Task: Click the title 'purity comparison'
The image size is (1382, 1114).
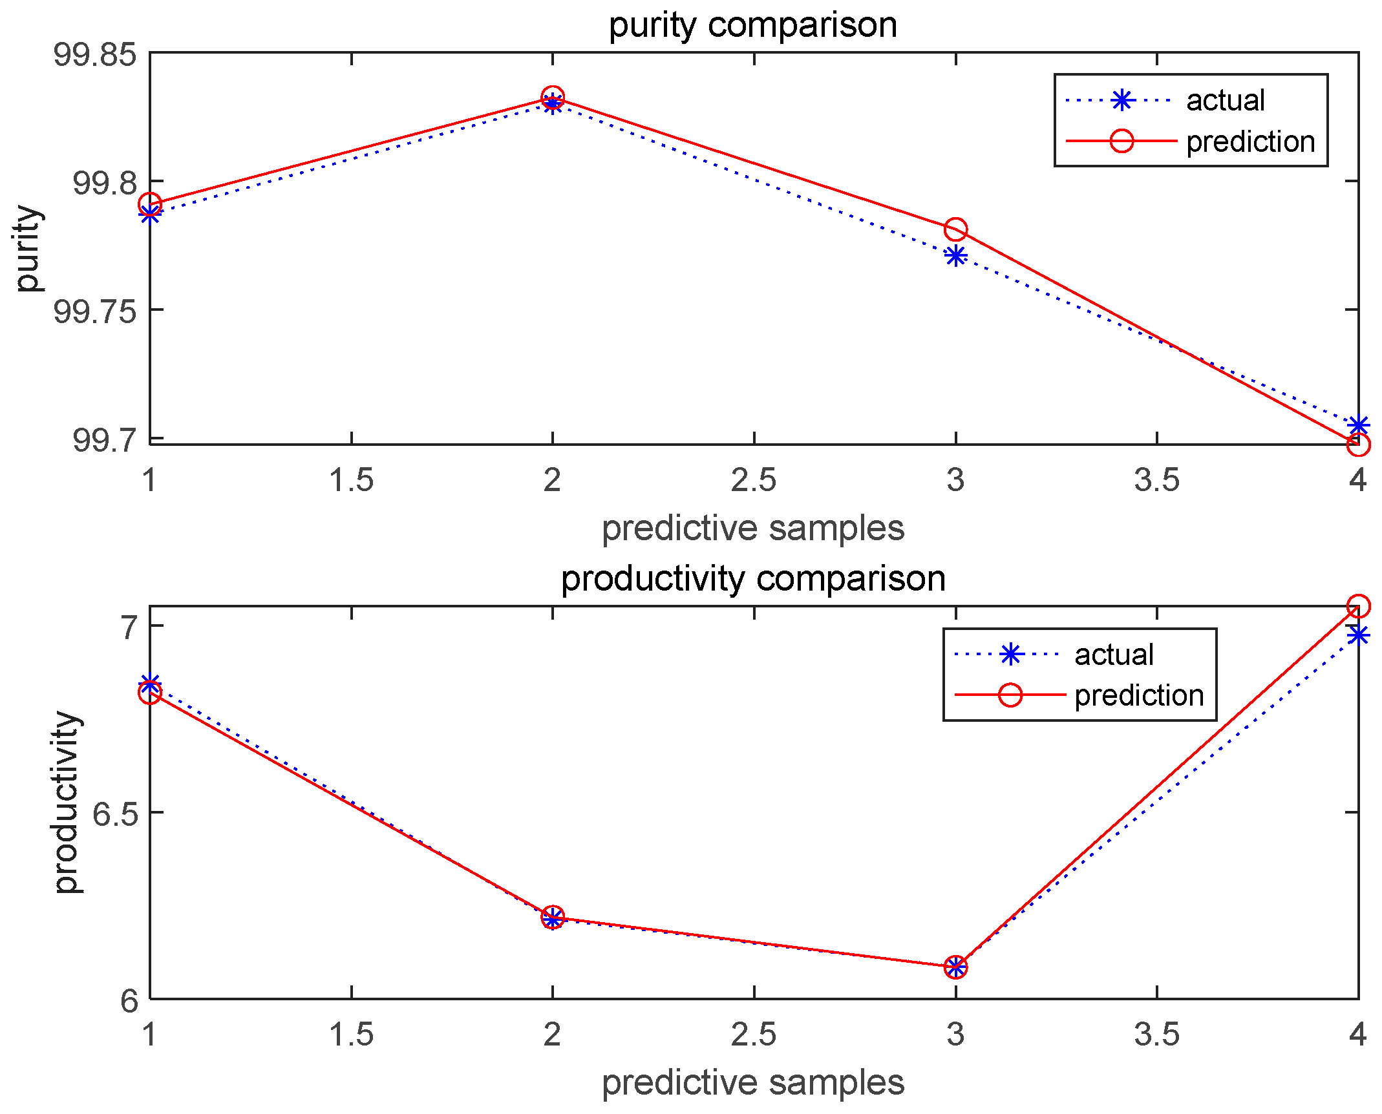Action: coord(753,26)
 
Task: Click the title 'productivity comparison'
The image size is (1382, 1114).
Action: coord(753,578)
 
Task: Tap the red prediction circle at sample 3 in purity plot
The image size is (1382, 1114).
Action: coord(955,229)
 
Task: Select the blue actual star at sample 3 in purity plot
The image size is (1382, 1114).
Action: coord(955,256)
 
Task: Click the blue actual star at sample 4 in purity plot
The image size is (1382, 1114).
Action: coord(1358,425)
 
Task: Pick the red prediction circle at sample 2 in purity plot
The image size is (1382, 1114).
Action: coord(552,98)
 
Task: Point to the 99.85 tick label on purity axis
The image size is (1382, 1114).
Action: coord(95,54)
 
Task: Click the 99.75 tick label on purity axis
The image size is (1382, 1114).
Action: coord(95,311)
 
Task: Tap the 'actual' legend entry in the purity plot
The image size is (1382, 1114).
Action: coord(1225,101)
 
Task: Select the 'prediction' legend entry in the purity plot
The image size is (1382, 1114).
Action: coord(1250,142)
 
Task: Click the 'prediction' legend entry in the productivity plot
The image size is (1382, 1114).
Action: coord(1139,696)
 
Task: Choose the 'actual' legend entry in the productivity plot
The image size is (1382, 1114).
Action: coord(1114,655)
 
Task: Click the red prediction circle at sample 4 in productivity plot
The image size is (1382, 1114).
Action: coord(1358,606)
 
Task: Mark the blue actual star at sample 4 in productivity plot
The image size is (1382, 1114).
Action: coord(1358,636)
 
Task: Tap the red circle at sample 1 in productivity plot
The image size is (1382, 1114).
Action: coord(150,693)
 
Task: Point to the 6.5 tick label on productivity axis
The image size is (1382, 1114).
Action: coord(115,814)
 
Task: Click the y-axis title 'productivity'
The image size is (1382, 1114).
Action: coord(67,802)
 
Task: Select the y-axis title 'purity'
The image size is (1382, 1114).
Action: coord(28,249)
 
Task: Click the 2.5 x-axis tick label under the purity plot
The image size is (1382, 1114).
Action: coord(753,481)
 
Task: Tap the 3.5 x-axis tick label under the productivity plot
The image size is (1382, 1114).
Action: coord(1156,1035)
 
